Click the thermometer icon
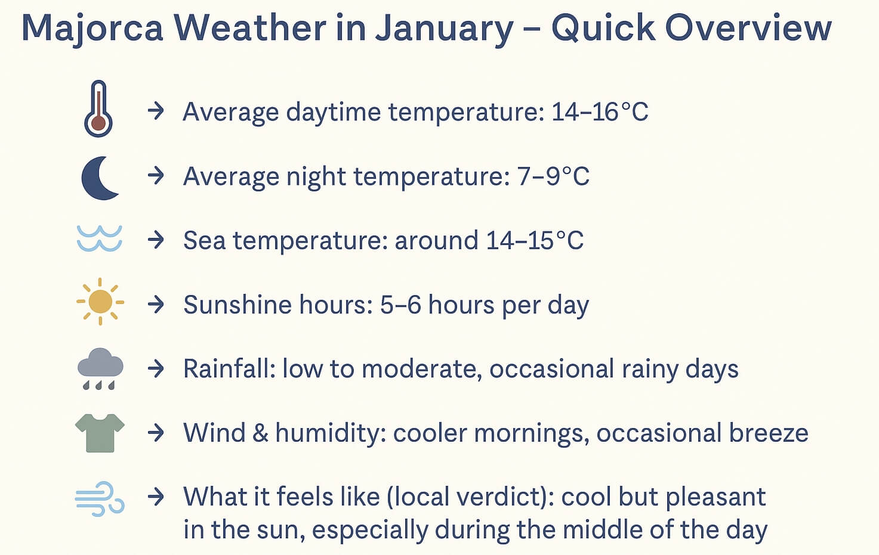98,109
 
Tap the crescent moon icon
99,177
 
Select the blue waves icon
100,238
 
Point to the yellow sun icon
100,302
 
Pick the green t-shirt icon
100,433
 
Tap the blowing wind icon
100,498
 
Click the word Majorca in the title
92,28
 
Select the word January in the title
444,28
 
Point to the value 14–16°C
599,112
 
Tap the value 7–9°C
553,176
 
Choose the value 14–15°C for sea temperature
535,241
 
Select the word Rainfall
229,369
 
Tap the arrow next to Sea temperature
156,240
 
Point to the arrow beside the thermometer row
156,111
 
